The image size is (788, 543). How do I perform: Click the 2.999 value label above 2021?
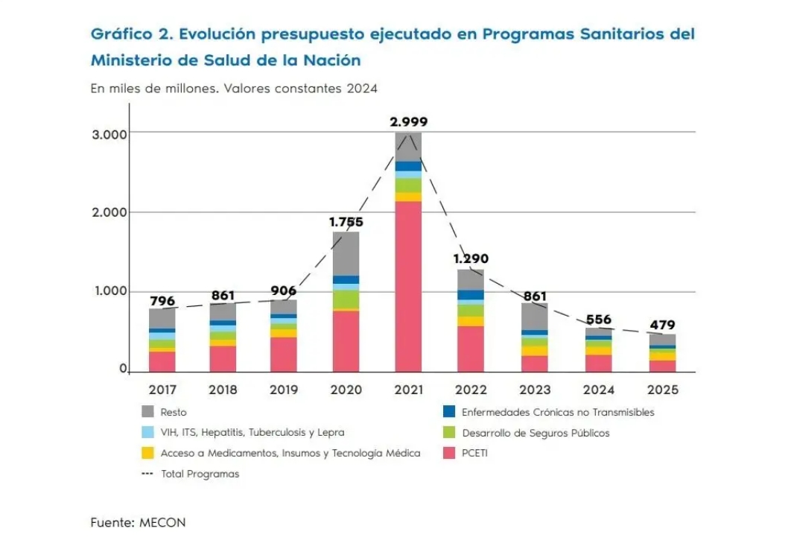(409, 122)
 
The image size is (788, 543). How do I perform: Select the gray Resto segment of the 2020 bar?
(346, 253)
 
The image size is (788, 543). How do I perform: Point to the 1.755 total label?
(346, 221)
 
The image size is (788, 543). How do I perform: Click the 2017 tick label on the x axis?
(162, 390)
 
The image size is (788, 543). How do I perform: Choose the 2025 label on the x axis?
(661, 390)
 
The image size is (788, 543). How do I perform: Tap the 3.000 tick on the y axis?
(110, 134)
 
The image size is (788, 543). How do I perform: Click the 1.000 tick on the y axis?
(110, 291)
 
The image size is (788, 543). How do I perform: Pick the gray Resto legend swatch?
(147, 412)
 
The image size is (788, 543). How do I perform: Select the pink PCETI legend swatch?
(448, 453)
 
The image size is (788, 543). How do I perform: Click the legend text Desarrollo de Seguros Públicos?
(535, 433)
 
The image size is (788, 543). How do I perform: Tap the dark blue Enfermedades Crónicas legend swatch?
(448, 412)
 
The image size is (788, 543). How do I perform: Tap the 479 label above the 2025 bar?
(661, 325)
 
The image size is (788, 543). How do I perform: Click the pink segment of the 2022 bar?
(471, 348)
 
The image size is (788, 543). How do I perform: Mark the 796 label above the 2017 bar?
(162, 301)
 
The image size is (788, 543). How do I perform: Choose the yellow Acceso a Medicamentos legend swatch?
(147, 453)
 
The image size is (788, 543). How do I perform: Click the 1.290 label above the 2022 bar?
(471, 259)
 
